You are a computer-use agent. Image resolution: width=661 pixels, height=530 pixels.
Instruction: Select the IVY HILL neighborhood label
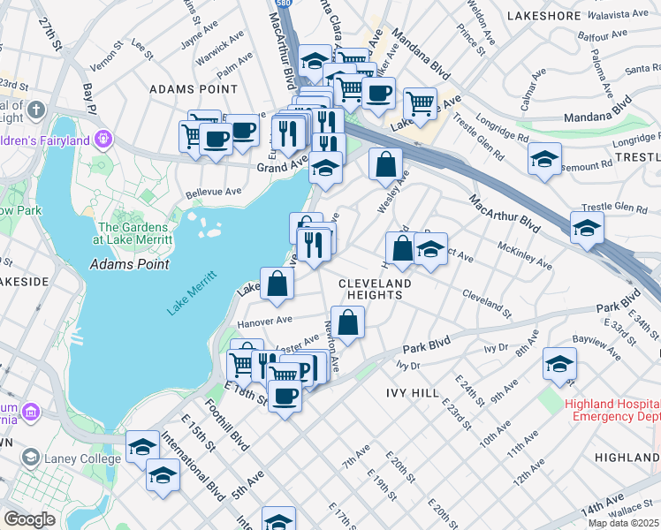point(412,390)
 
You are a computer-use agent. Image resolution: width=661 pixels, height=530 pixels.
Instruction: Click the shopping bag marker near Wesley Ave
point(385,164)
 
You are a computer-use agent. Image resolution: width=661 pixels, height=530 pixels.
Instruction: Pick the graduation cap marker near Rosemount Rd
point(545,159)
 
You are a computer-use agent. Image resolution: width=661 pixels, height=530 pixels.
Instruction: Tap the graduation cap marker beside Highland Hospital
point(559,364)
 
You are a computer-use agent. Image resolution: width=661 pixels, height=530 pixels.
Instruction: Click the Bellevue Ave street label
point(214,191)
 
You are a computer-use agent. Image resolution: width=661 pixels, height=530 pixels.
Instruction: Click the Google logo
point(30,519)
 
